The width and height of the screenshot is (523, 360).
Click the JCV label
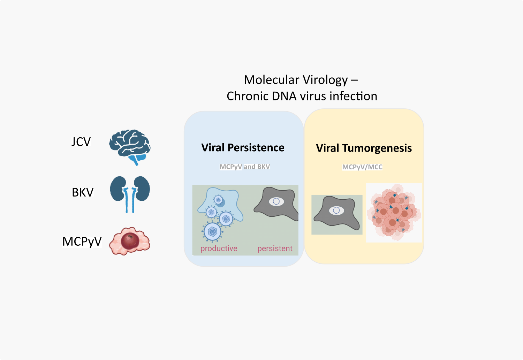(x=81, y=142)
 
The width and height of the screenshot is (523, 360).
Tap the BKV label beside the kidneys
(x=83, y=192)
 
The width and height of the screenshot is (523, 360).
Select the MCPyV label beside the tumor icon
(x=82, y=242)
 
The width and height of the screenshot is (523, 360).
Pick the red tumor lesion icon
(x=130, y=241)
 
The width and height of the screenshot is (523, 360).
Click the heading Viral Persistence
(x=243, y=148)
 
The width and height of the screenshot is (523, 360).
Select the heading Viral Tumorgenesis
(x=364, y=148)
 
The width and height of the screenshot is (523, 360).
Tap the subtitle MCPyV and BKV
(x=245, y=167)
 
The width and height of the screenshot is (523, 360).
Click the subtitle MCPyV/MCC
(x=362, y=167)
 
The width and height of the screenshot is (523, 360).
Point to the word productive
(x=219, y=248)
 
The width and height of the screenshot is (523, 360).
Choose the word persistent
(x=275, y=248)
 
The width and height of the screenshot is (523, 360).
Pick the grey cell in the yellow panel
(x=336, y=212)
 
